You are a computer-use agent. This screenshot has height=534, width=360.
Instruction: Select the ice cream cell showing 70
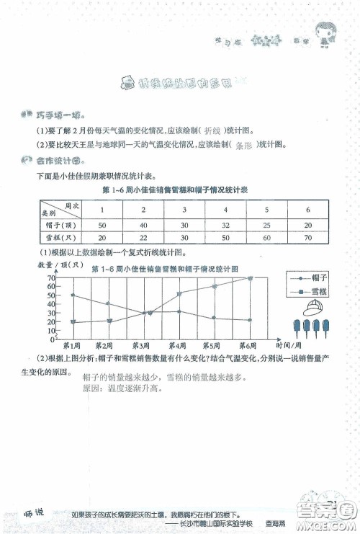click(x=308, y=237)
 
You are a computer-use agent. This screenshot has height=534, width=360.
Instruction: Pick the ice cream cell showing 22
click(x=143, y=237)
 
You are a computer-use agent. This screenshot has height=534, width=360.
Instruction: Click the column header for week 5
click(x=267, y=209)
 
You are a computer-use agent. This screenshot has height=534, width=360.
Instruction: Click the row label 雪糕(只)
click(x=55, y=237)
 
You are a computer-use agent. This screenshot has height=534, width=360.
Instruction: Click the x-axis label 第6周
click(x=249, y=345)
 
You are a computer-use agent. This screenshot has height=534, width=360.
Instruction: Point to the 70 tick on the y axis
click(x=52, y=277)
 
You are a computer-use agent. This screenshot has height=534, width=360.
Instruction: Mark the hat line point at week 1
click(x=73, y=295)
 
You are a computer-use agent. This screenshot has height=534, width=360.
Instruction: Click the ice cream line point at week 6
click(x=251, y=277)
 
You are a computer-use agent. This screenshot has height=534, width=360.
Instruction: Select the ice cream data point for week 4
click(x=179, y=293)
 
